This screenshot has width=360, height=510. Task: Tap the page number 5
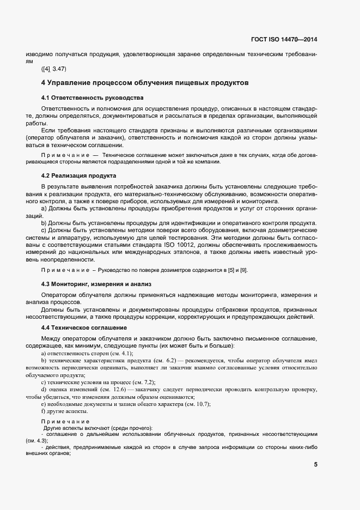pyautogui.click(x=316, y=464)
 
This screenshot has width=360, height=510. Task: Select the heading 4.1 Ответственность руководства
pyautogui.click(x=92, y=98)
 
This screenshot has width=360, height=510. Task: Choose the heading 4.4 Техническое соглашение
pyautogui.click(x=84, y=327)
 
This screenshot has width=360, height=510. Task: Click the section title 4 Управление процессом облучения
pyautogui.click(x=145, y=83)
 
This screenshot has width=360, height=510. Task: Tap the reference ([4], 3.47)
pyautogui.click(x=53, y=69)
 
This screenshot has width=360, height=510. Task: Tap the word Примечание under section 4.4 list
pyautogui.click(x=65, y=422)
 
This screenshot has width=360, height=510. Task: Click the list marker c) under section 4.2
pyautogui.click(x=44, y=230)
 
